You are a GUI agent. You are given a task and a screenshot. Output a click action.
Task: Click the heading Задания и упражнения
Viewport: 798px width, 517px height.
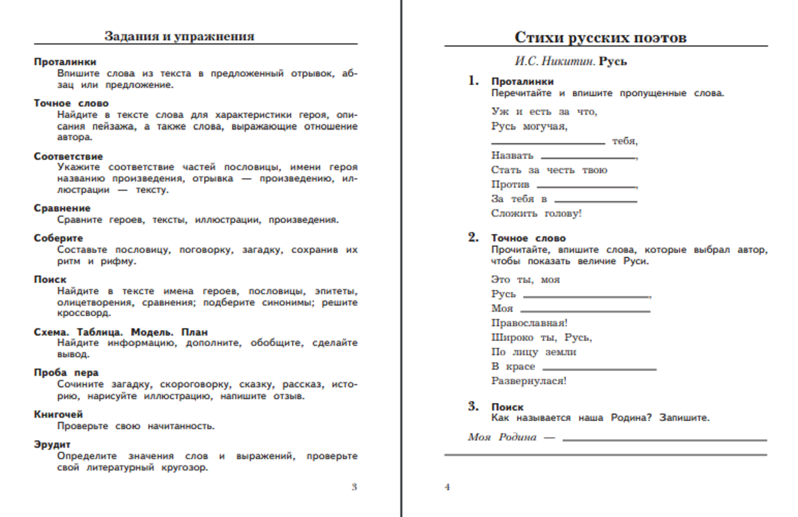pos(179,36)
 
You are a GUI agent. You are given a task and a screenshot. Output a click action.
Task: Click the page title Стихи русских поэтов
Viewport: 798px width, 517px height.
pos(600,37)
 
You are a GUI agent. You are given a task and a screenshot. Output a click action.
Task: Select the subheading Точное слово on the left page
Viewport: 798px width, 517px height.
pos(71,103)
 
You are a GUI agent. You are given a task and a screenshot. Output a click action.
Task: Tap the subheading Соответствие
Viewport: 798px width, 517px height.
pos(68,156)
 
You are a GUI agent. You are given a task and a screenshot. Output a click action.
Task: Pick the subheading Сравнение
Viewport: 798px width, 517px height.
pos(62,208)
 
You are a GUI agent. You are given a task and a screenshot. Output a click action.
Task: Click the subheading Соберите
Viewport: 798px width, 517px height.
pos(58,238)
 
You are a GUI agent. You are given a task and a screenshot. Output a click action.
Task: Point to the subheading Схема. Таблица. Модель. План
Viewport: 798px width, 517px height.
pos(121,332)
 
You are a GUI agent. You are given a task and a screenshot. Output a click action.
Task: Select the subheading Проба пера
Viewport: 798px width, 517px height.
pos(66,372)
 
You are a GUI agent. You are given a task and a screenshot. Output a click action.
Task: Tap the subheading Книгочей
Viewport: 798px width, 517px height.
pos(58,414)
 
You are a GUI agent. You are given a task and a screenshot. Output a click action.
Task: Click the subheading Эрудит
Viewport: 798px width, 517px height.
pos(52,444)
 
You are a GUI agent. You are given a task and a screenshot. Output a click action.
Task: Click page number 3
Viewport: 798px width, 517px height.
pos(354,486)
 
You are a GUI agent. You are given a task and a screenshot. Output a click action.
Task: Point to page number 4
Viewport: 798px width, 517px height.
pos(447,486)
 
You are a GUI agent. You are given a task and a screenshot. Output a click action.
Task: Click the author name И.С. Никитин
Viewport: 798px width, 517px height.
pos(554,61)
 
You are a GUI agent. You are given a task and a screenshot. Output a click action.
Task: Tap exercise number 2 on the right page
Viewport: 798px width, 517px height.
pos(473,237)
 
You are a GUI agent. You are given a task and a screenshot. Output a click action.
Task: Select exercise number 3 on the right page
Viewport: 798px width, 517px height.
pos(473,406)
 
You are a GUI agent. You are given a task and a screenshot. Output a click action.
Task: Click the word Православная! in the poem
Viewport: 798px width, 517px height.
pos(529,323)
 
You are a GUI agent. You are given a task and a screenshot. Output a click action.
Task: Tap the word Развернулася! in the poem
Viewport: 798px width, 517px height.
pos(529,381)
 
